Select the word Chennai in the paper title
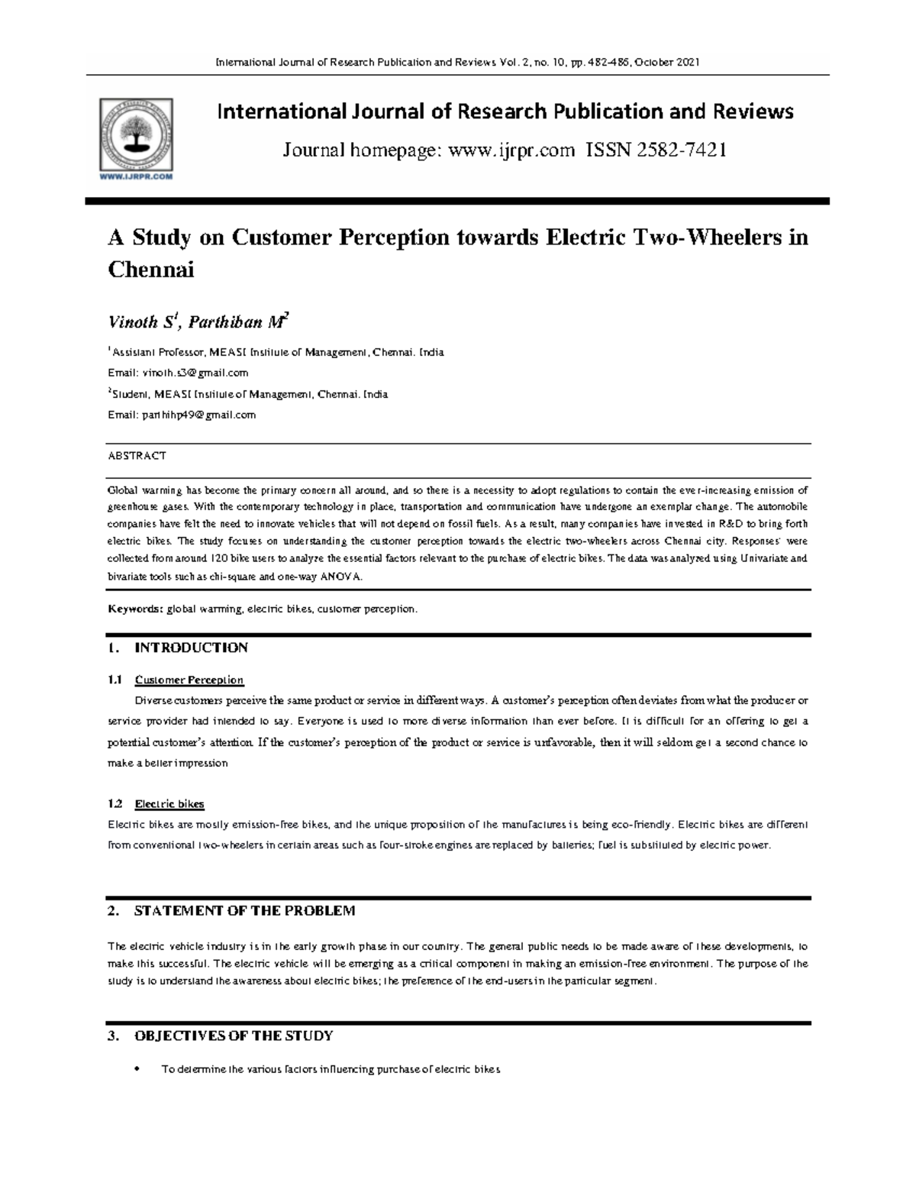[x=151, y=270]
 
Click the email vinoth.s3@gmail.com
[x=194, y=373]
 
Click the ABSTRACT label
[x=137, y=456]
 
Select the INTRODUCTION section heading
[x=191, y=648]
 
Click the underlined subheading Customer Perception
[x=189, y=680]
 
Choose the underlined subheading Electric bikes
[x=169, y=804]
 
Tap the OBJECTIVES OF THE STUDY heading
[x=234, y=1036]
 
